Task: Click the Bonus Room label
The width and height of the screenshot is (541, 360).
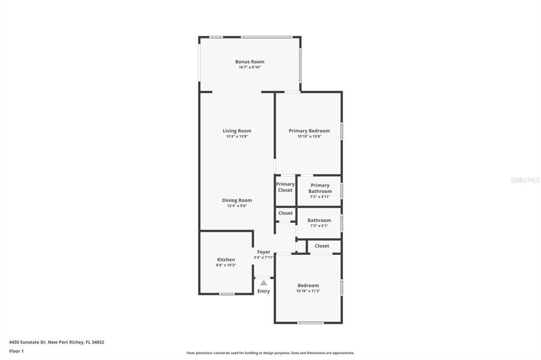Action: [249, 62]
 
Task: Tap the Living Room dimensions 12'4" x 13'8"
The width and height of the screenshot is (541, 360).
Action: [237, 136]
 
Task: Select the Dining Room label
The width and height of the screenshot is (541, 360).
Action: [237, 200]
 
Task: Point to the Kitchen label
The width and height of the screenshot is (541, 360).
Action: [226, 260]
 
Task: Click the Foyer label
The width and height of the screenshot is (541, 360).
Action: [264, 252]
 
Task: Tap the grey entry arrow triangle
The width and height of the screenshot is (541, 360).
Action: [264, 283]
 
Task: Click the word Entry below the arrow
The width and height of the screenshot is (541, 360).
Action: [264, 291]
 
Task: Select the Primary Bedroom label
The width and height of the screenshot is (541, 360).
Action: [309, 131]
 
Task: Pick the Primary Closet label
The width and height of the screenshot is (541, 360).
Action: [285, 187]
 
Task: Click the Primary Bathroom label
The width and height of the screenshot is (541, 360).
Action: [320, 188]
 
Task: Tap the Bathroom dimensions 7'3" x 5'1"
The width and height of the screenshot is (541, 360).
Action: [319, 226]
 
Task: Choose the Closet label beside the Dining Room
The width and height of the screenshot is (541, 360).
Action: [285, 213]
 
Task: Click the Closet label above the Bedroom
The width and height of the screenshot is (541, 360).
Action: [322, 246]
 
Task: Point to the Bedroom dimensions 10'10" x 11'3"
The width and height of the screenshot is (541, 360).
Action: [308, 291]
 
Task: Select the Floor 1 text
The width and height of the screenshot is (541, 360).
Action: [16, 351]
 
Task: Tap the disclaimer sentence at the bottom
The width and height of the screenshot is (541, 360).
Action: [270, 353]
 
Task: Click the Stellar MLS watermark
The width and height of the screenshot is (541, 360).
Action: [525, 180]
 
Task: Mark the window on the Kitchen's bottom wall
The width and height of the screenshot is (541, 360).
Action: [227, 293]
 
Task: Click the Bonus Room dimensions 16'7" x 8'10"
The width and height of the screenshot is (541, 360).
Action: [249, 68]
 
